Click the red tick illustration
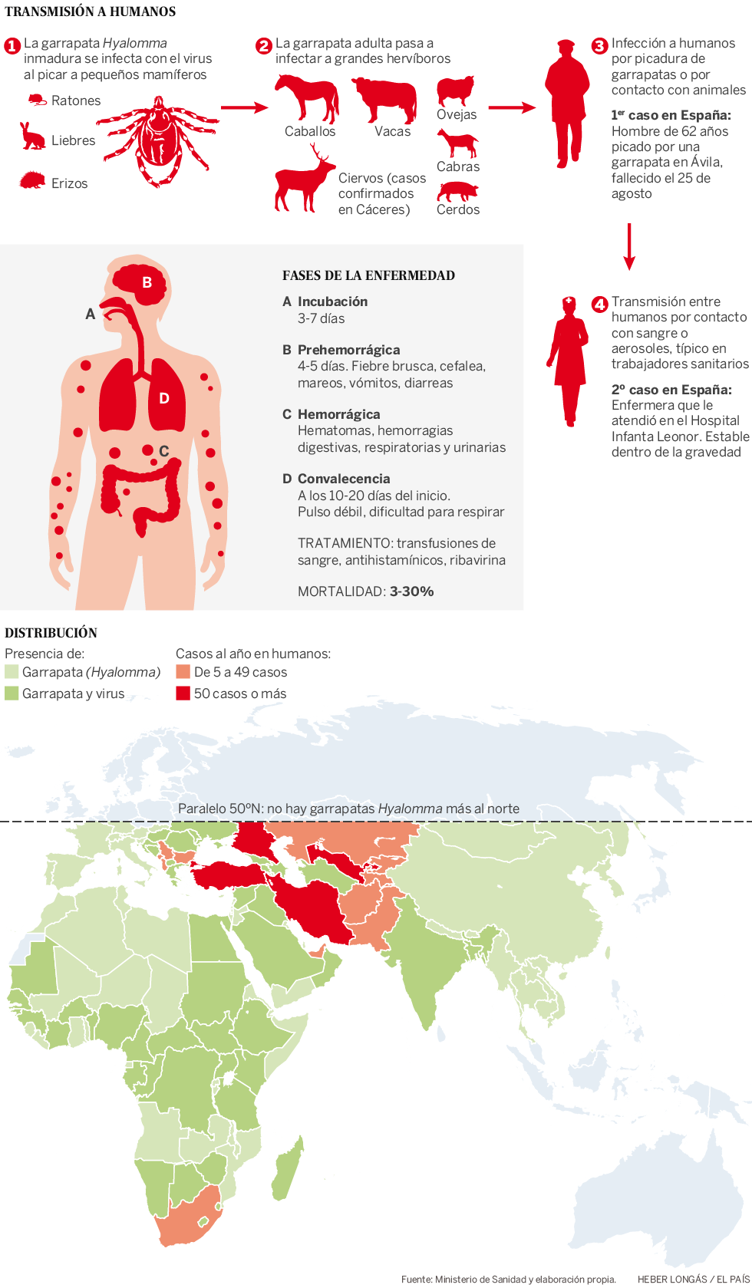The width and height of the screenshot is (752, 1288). coord(158,141)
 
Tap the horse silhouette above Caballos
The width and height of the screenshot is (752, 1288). coord(307,97)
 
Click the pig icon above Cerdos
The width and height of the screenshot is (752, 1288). coord(457,191)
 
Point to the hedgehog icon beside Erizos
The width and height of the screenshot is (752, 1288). coord(32,181)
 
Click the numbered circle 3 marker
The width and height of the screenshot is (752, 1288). coord(599,46)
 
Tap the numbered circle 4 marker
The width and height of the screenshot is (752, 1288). coord(599,305)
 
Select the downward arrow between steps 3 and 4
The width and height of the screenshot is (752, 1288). coord(629,246)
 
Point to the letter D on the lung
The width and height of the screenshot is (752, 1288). coord(163,398)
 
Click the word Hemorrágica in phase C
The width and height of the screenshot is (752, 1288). coord(338,414)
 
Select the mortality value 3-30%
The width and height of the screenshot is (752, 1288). coord(411,591)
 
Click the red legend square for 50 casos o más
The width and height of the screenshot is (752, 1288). coord(183,693)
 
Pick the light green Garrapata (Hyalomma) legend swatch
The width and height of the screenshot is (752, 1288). coord(12,672)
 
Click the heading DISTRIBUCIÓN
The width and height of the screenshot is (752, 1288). coord(51,633)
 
